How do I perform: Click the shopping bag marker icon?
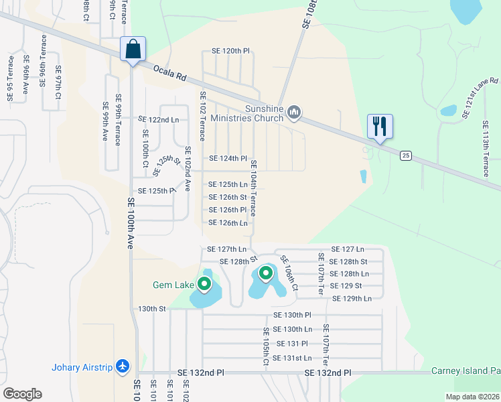click(133, 50)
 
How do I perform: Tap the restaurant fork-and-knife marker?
click(380, 127)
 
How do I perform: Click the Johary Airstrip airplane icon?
click(122, 366)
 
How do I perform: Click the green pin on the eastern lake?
click(266, 273)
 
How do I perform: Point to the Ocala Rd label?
click(169, 72)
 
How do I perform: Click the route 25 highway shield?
click(405, 155)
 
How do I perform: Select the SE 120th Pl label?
click(230, 51)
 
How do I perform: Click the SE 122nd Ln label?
click(159, 119)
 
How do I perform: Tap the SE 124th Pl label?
click(228, 159)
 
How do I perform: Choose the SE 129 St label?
click(346, 285)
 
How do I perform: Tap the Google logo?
click(22, 393)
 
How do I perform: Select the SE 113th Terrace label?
click(486, 149)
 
